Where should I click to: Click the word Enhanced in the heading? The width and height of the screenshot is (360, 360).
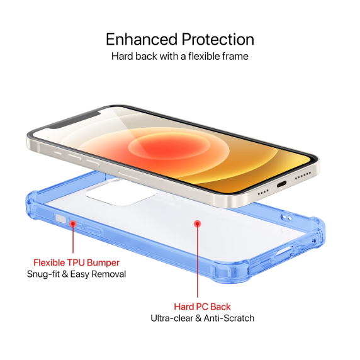point(142,39)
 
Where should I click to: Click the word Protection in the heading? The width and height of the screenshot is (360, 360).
point(218,39)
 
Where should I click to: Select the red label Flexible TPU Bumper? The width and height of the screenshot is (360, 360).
point(76,262)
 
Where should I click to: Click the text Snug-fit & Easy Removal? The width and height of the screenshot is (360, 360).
point(76,274)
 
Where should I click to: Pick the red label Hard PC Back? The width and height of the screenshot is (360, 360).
point(202,307)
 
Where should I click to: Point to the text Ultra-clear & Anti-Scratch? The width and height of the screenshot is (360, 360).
point(202,318)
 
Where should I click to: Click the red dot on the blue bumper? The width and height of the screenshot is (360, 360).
point(73,223)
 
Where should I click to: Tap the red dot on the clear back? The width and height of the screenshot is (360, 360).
point(198,223)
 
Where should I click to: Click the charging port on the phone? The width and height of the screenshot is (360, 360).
point(281,184)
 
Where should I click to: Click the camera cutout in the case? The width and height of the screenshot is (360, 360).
point(121,193)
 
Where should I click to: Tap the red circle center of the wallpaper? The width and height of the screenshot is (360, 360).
point(169,146)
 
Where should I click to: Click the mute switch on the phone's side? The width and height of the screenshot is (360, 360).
point(58,153)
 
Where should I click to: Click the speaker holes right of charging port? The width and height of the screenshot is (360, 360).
point(303,175)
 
